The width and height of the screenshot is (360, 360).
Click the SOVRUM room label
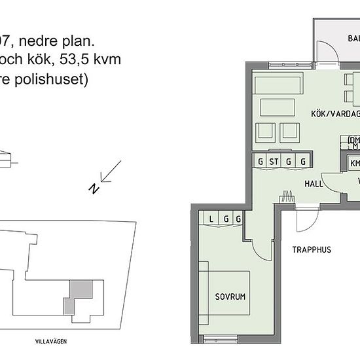[230, 297]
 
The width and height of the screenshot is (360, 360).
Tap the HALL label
[314, 184]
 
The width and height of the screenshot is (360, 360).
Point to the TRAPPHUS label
[312, 249]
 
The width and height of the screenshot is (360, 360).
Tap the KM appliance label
[355, 164]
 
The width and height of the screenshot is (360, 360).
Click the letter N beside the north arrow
[94, 189]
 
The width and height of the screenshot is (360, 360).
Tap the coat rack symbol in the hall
[287, 194]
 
